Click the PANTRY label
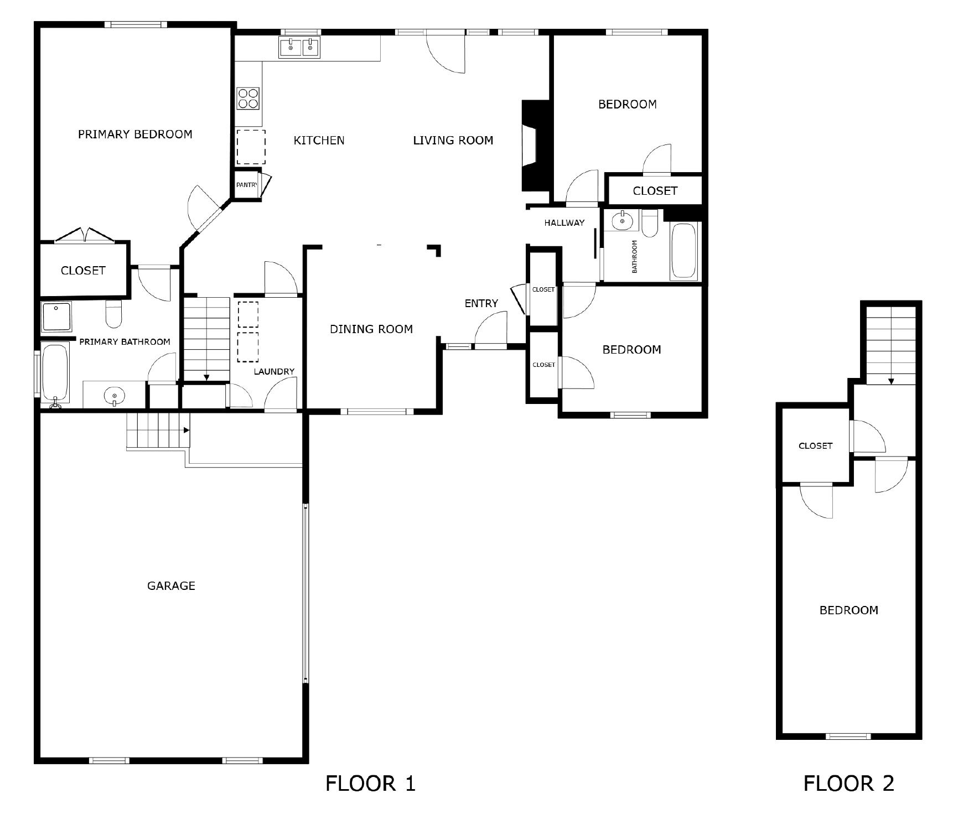point(247,185)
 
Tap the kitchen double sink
point(299,48)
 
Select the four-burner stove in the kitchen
point(248,99)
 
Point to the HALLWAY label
point(564,223)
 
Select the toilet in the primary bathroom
point(113,314)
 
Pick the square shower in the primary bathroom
point(56,317)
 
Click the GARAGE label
point(171,585)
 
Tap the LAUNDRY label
point(274,371)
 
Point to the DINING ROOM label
point(371,329)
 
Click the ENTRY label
point(481,303)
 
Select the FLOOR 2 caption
point(848,783)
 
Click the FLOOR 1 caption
point(370,783)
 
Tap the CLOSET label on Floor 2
point(815,445)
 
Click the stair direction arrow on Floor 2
point(891,381)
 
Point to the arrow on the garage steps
point(187,430)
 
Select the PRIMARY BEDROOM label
point(135,134)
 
